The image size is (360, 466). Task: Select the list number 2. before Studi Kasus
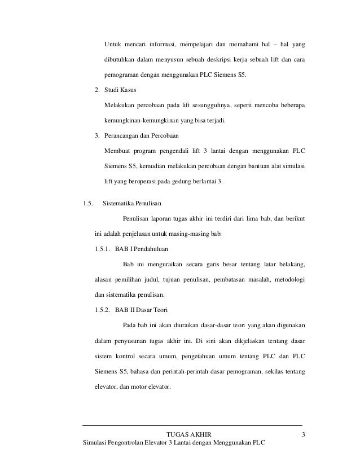coord(97,90)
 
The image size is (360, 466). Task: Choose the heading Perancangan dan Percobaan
coord(144,136)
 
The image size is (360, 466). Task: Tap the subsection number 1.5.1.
coord(102,249)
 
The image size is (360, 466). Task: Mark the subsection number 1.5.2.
coord(102,310)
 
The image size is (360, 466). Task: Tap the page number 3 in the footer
coord(304,434)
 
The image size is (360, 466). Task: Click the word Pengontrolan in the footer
coord(129,443)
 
